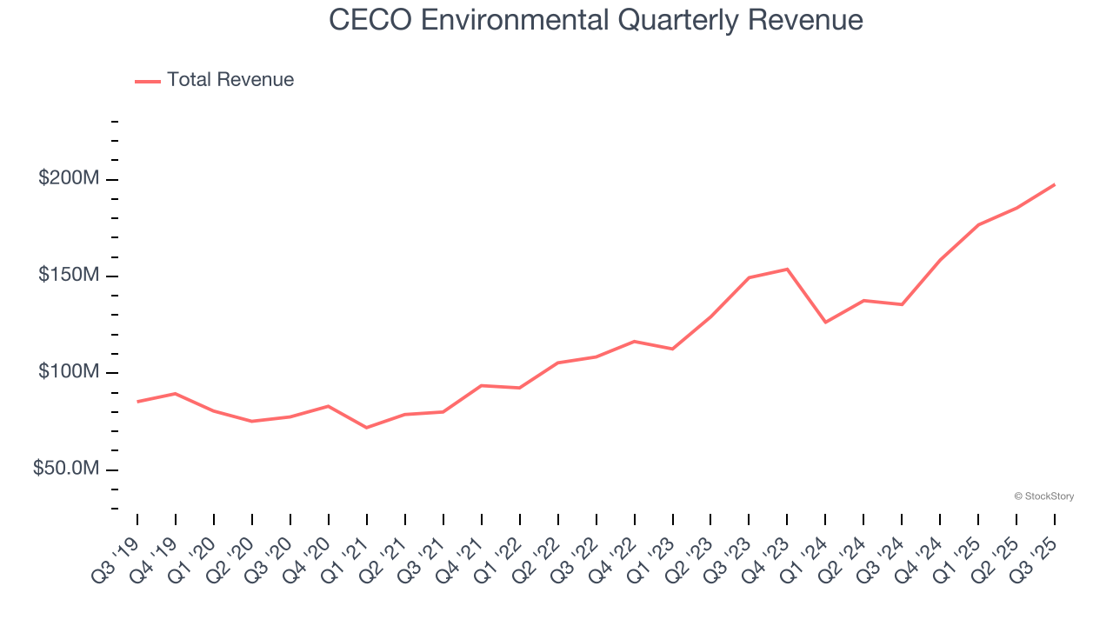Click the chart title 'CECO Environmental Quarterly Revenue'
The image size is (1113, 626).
pos(596,20)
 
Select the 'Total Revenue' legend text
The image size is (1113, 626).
pos(230,80)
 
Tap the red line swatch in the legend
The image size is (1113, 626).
pos(148,81)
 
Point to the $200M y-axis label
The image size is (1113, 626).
pos(69,179)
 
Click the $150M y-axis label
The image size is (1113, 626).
pos(69,276)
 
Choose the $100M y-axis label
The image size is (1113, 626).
pos(69,372)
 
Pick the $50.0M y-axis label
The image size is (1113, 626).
pos(66,469)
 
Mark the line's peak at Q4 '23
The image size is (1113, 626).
pos(787,269)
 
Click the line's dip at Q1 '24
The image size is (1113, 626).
pos(825,323)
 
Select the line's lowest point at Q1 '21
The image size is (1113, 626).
pos(366,428)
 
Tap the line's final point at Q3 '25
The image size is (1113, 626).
pos(1055,184)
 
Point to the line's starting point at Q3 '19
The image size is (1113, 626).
pos(137,402)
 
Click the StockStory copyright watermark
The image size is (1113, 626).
pos(1043,496)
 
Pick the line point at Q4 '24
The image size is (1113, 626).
pos(940,260)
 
